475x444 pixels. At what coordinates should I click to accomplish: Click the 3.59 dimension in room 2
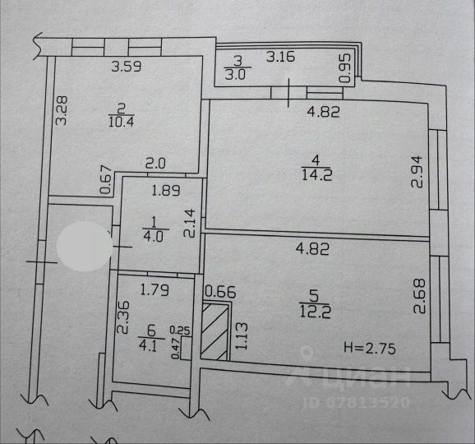pyautogui.click(x=126, y=67)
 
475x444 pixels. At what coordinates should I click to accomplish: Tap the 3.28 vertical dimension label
pyautogui.click(x=62, y=111)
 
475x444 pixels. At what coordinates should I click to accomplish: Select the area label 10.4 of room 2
pyautogui.click(x=121, y=122)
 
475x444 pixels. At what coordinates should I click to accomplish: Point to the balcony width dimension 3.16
pyautogui.click(x=280, y=57)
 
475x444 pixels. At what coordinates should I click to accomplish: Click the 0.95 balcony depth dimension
pyautogui.click(x=345, y=68)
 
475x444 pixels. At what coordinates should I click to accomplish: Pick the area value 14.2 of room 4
pyautogui.click(x=317, y=175)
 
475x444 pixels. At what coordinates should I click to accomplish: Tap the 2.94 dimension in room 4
pyautogui.click(x=417, y=172)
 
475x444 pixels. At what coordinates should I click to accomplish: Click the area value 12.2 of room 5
pyautogui.click(x=315, y=312)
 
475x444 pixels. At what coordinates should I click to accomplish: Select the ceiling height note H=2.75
pyautogui.click(x=370, y=349)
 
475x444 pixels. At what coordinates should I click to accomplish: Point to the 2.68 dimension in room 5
pyautogui.click(x=420, y=296)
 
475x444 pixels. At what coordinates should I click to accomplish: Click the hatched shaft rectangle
pyautogui.click(x=214, y=332)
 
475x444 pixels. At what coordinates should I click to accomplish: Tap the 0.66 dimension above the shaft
pyautogui.click(x=220, y=293)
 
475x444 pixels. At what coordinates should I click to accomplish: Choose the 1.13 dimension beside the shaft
pyautogui.click(x=242, y=336)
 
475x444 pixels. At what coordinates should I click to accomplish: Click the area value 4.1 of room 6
pyautogui.click(x=148, y=346)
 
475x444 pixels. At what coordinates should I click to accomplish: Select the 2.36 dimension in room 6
pyautogui.click(x=123, y=317)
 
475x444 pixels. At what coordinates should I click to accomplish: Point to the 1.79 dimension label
pyautogui.click(x=154, y=290)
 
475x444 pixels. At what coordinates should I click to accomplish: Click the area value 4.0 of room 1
pyautogui.click(x=154, y=237)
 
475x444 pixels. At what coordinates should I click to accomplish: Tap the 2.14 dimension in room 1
pyautogui.click(x=190, y=224)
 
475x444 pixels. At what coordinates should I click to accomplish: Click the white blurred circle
pyautogui.click(x=84, y=246)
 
